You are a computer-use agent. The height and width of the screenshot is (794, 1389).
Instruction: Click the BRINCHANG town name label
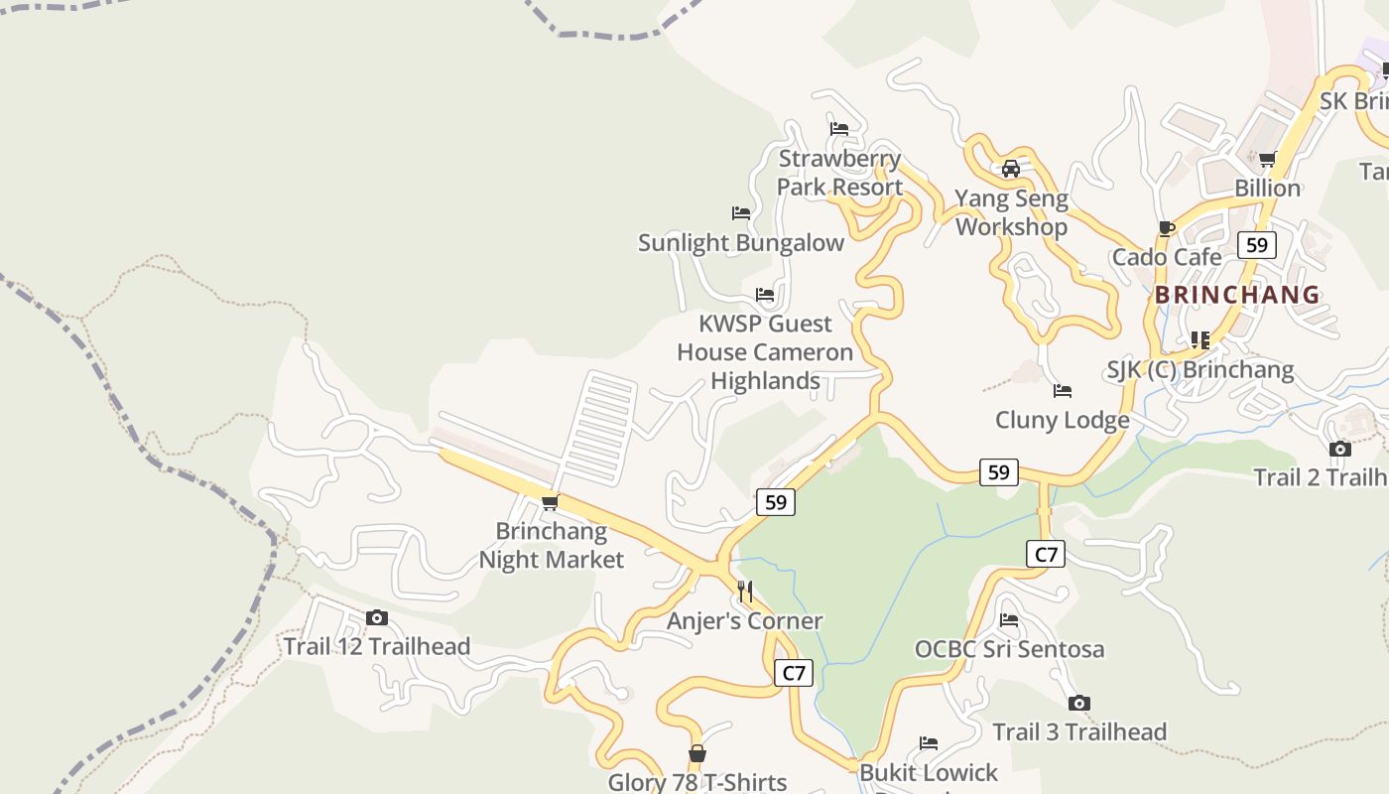point(1237,295)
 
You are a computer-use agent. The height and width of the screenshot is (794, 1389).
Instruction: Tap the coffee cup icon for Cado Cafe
point(1167,229)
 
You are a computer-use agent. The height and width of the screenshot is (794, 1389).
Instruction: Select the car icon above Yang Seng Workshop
point(1011,169)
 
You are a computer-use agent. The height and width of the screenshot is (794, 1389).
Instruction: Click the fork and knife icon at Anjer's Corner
point(745,593)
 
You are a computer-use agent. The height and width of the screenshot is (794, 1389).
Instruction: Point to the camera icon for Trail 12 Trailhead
point(376,618)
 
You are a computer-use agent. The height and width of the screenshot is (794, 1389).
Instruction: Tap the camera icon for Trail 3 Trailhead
point(1079,704)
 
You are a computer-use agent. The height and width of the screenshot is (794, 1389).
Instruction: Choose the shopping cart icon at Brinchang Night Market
point(551,502)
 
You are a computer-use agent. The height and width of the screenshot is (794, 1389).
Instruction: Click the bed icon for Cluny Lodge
point(1063,391)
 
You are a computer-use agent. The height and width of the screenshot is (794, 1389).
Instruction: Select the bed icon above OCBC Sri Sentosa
point(1009,620)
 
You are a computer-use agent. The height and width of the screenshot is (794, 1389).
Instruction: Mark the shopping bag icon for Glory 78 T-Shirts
point(697,754)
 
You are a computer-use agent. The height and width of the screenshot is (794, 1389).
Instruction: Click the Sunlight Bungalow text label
point(740,243)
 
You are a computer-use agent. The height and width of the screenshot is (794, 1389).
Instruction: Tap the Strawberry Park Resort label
point(839,173)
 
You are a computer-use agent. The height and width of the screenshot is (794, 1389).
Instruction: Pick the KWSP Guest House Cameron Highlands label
point(765,352)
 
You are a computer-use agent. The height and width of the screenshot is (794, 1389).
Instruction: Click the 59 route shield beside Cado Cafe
point(1257,245)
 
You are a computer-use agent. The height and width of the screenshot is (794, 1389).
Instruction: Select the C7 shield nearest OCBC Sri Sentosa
point(1047,554)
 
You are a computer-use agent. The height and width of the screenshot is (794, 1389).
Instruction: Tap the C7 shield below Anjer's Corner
point(794,673)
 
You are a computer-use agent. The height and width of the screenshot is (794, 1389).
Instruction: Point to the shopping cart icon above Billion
point(1267,159)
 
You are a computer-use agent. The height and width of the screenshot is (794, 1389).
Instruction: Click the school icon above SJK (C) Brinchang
point(1200,340)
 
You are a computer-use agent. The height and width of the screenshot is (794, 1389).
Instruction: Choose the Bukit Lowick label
point(929,772)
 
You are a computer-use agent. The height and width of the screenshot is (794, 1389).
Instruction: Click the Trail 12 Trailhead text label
point(376,647)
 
